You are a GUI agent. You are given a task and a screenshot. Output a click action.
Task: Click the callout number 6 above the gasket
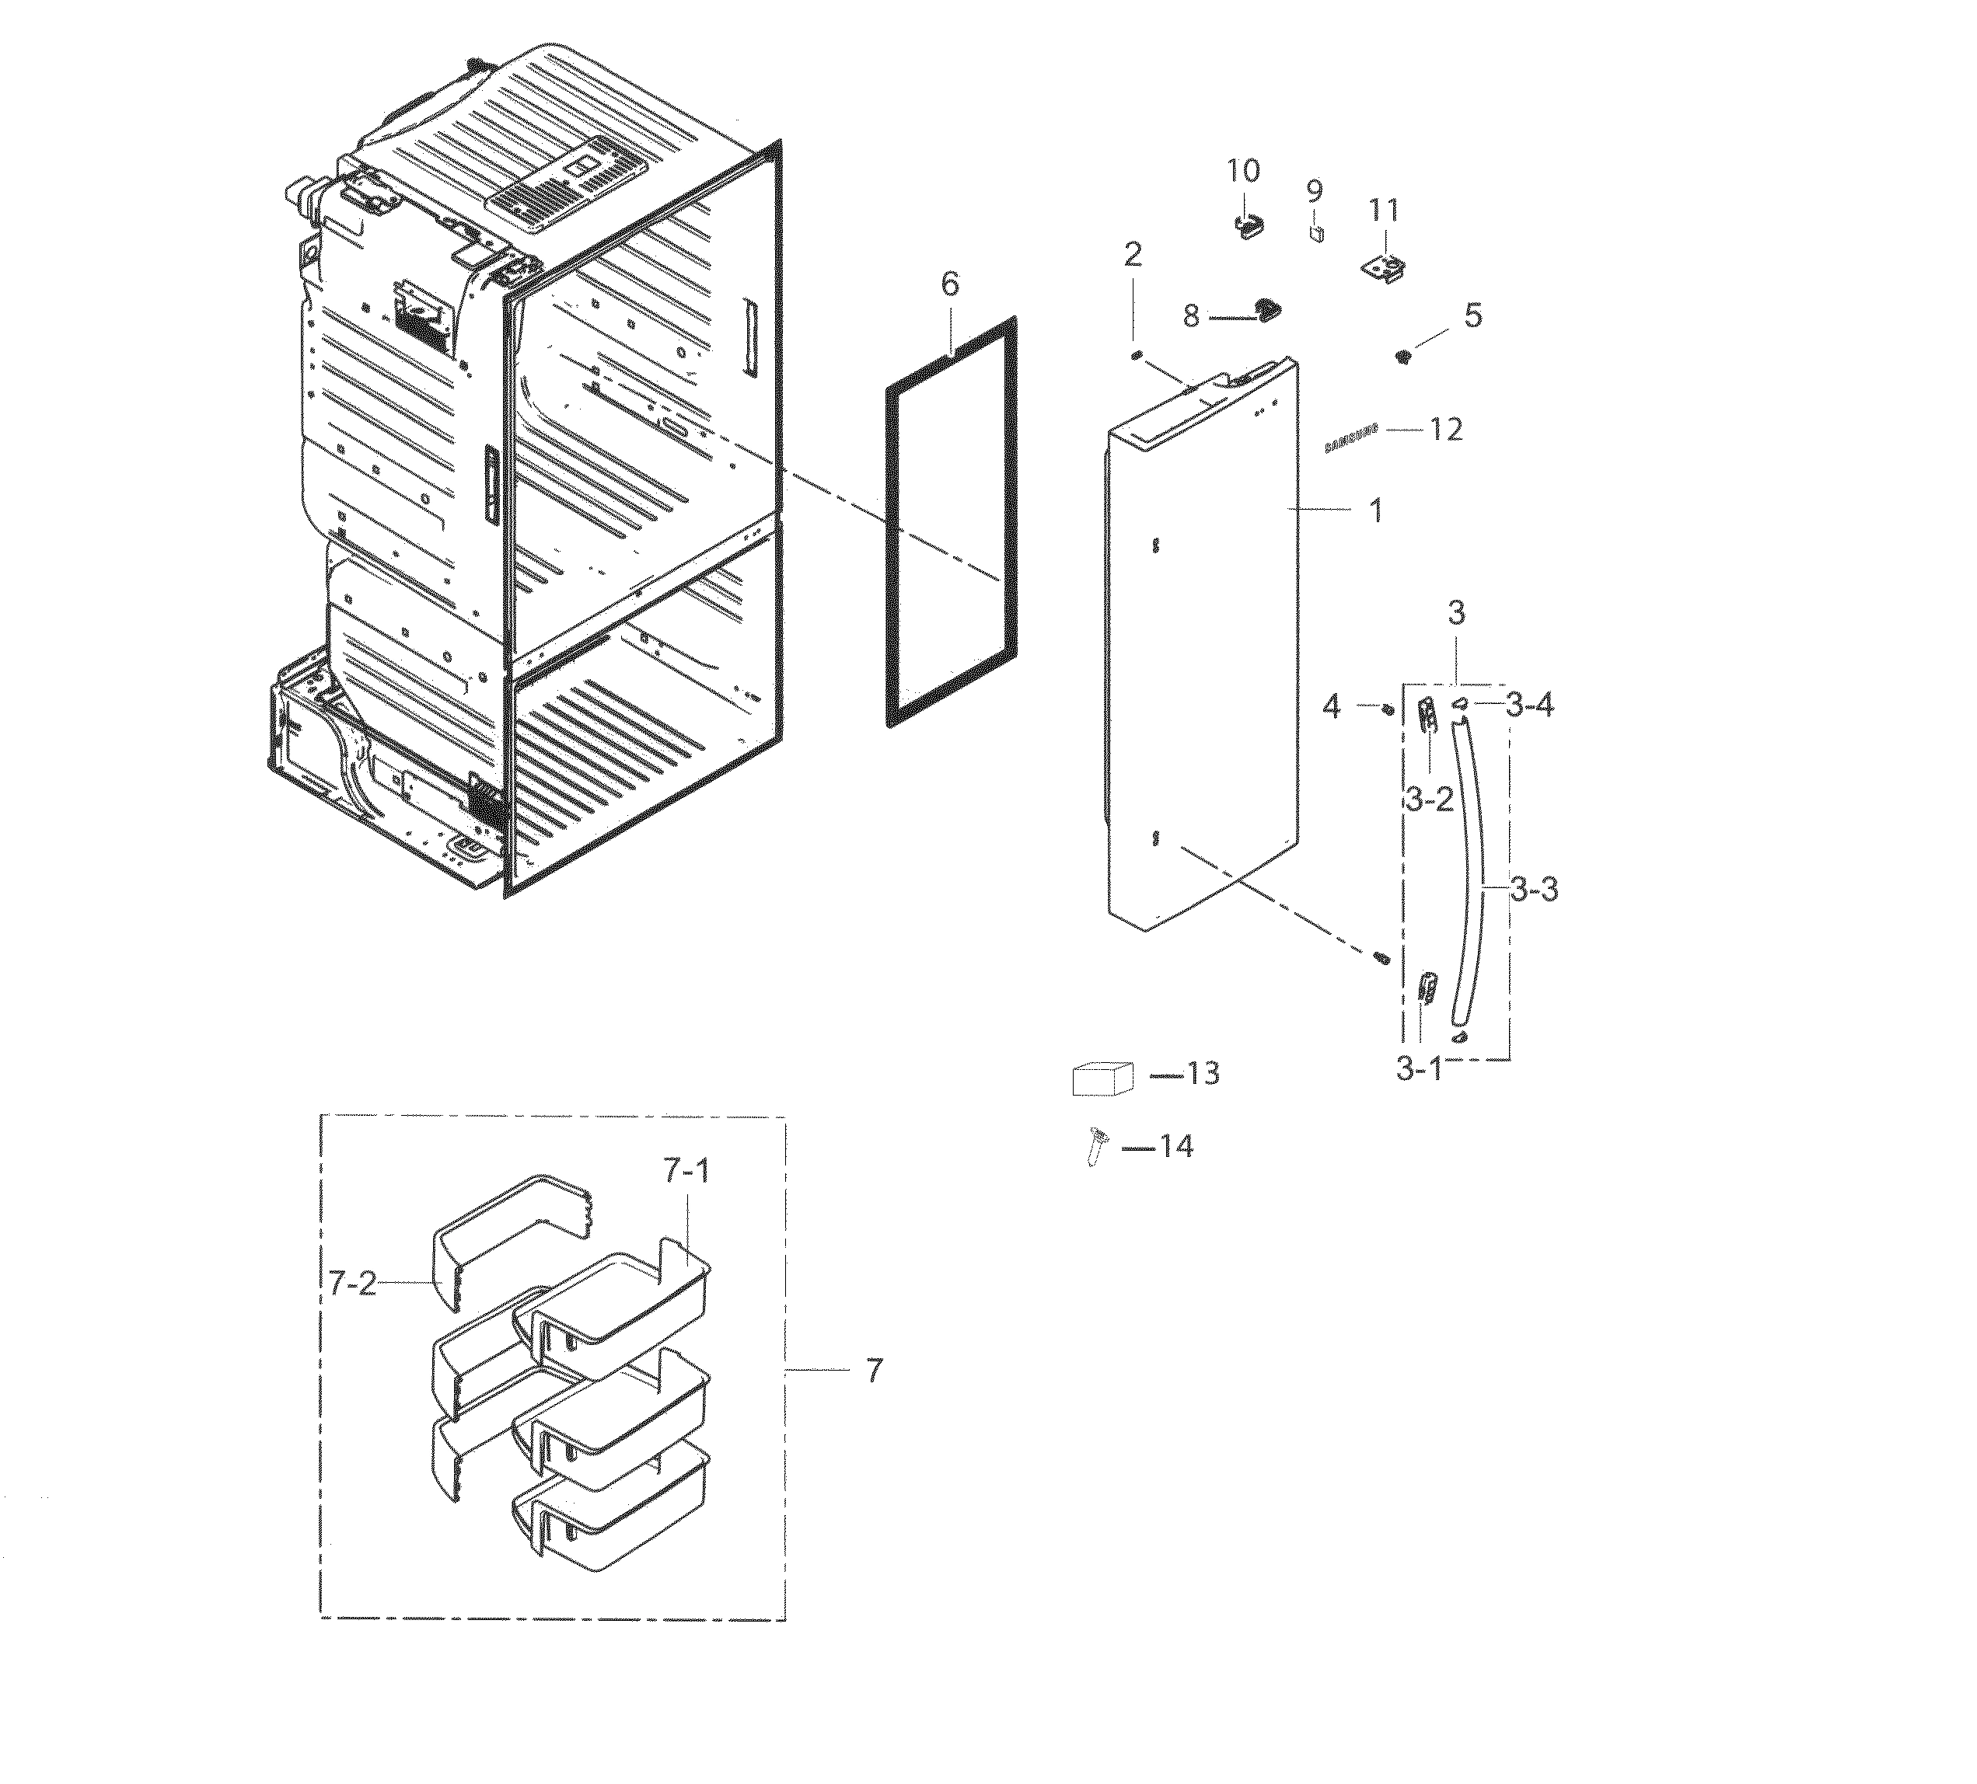[x=949, y=284]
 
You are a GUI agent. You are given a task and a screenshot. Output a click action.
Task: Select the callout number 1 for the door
[x=1376, y=510]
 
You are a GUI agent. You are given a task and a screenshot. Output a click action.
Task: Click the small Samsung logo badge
[x=1350, y=438]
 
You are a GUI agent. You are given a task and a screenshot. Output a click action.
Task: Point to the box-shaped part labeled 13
[x=1102, y=1078]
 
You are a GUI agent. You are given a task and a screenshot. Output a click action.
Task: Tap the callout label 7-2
[x=352, y=1283]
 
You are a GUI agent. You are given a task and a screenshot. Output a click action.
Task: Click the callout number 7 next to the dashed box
[x=875, y=1371]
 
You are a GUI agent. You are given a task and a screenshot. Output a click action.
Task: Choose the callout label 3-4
[x=1530, y=705]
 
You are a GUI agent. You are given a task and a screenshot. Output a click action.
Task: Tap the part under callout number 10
[x=1246, y=225]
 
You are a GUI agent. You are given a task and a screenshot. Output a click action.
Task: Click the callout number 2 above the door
[x=1133, y=256]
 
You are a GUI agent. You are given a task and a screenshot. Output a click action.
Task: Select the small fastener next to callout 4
[x=1387, y=708]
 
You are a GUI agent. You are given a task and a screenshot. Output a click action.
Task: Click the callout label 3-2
[x=1429, y=800]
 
